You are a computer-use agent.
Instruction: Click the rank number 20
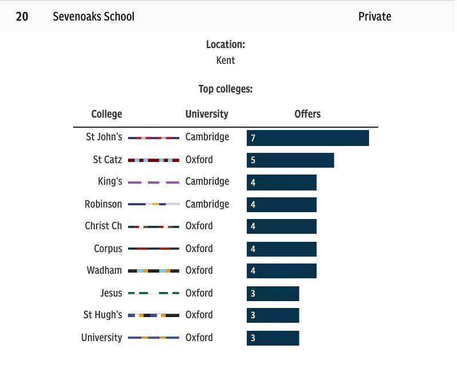tap(22, 16)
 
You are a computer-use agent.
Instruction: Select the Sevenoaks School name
tap(94, 16)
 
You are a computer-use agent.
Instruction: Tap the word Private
tap(375, 16)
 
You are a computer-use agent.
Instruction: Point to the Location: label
tap(226, 44)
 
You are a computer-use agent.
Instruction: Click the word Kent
tap(226, 60)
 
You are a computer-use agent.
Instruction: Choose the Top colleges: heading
tap(226, 89)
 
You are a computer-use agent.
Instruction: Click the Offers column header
tap(307, 114)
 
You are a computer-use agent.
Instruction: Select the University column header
tap(207, 114)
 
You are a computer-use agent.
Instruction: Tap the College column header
tap(107, 114)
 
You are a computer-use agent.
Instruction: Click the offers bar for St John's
tap(308, 138)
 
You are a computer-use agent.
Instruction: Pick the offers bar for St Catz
tap(290, 160)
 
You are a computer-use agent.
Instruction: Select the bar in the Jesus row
tap(273, 294)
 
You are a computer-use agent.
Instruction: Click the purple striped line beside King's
tap(154, 182)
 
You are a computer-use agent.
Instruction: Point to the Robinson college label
tap(103, 204)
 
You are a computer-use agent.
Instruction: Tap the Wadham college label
tap(105, 270)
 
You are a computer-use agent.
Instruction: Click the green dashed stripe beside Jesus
tap(154, 294)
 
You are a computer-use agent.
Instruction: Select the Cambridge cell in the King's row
tap(207, 182)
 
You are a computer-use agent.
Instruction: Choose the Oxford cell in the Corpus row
tap(199, 249)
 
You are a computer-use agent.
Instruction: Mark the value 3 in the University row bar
tap(253, 338)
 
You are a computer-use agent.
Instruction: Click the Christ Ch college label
tap(103, 226)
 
